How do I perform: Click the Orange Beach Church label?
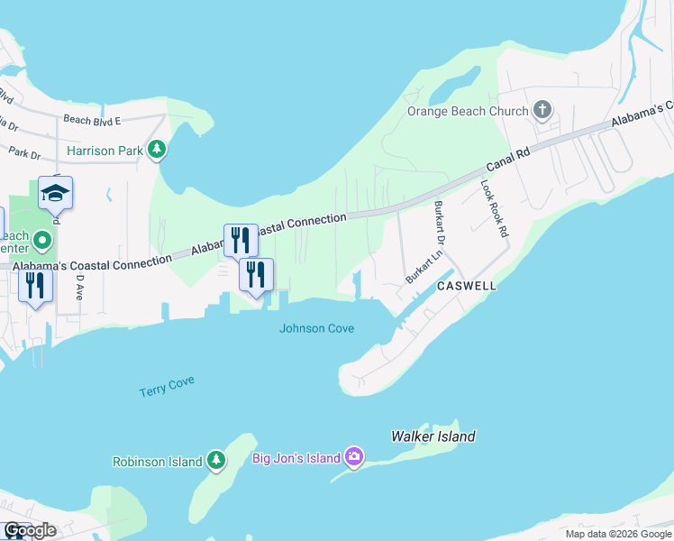[467, 112]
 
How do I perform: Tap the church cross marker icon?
[542, 111]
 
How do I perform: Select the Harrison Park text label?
[105, 151]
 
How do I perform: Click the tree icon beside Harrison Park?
[158, 150]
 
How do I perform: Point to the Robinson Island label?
[157, 462]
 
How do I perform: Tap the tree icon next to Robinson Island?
[215, 461]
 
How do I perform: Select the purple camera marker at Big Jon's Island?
[354, 456]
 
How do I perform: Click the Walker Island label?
[433, 436]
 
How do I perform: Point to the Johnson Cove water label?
[316, 328]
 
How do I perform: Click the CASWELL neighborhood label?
[467, 285]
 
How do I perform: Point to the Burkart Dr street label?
[440, 230]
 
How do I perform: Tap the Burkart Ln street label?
[424, 268]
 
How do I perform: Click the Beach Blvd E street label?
[91, 119]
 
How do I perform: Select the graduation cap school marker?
[55, 194]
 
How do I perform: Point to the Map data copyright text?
[617, 534]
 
